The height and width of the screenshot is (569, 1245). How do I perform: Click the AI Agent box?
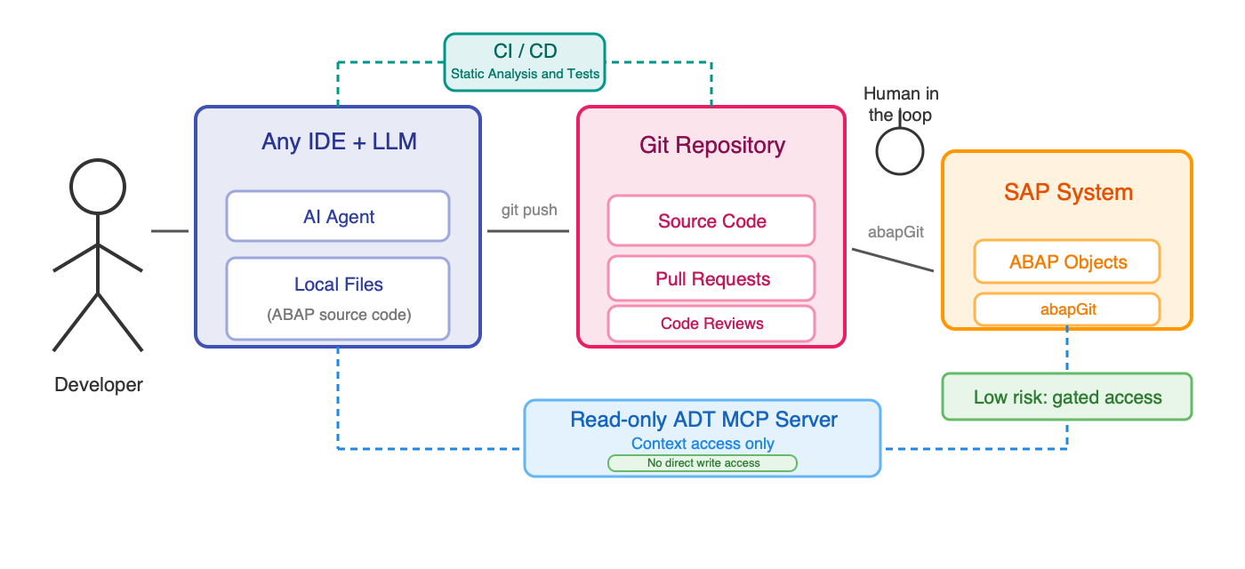click(x=338, y=216)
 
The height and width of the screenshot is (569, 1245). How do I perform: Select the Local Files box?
click(x=338, y=298)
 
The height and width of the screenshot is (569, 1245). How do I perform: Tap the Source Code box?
click(x=711, y=220)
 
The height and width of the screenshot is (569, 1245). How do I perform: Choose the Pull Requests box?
click(x=711, y=278)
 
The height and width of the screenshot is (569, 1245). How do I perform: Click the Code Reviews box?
click(x=711, y=324)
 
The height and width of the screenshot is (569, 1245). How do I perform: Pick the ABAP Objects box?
click(x=1067, y=262)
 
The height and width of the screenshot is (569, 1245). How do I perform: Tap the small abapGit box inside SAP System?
click(x=1067, y=309)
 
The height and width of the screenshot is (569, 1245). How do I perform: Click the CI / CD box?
click(x=525, y=62)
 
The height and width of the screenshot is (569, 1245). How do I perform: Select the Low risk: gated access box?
click(x=1067, y=397)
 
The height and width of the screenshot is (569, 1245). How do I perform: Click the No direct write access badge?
click(x=703, y=463)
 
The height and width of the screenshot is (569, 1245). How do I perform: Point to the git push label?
click(x=529, y=210)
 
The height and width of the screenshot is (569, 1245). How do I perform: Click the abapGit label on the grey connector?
click(x=896, y=232)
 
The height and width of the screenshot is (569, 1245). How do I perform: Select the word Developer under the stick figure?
click(x=98, y=385)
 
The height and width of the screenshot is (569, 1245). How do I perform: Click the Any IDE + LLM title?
click(x=338, y=141)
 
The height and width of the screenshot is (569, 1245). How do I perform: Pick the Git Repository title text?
click(x=711, y=145)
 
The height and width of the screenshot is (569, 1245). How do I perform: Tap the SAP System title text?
click(x=1067, y=192)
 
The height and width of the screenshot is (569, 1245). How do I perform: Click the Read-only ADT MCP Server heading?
click(x=703, y=420)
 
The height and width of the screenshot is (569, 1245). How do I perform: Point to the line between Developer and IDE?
click(x=169, y=231)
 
